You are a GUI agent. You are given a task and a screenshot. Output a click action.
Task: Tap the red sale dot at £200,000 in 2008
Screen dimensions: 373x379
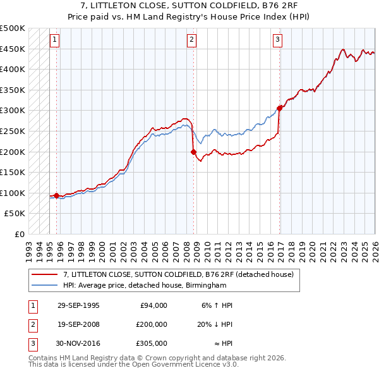point(193,152)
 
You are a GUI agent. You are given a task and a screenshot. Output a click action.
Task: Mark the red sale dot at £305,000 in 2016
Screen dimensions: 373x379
point(279,108)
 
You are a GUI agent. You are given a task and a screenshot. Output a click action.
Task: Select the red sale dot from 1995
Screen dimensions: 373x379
point(57,195)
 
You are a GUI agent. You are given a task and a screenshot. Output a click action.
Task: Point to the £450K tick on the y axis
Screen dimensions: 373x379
point(14,49)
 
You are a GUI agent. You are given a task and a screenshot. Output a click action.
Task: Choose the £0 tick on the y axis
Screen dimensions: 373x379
point(19,234)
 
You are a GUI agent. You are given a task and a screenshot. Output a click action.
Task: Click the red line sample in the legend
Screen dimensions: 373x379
point(44,275)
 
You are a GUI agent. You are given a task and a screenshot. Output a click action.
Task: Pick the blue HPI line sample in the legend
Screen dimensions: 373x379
point(44,286)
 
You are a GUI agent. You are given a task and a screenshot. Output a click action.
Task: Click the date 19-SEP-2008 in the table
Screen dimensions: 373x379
point(78,324)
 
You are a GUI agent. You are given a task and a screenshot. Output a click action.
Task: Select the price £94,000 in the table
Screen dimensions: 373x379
point(153,305)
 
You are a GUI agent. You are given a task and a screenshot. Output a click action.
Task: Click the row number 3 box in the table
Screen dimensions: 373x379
point(33,343)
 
